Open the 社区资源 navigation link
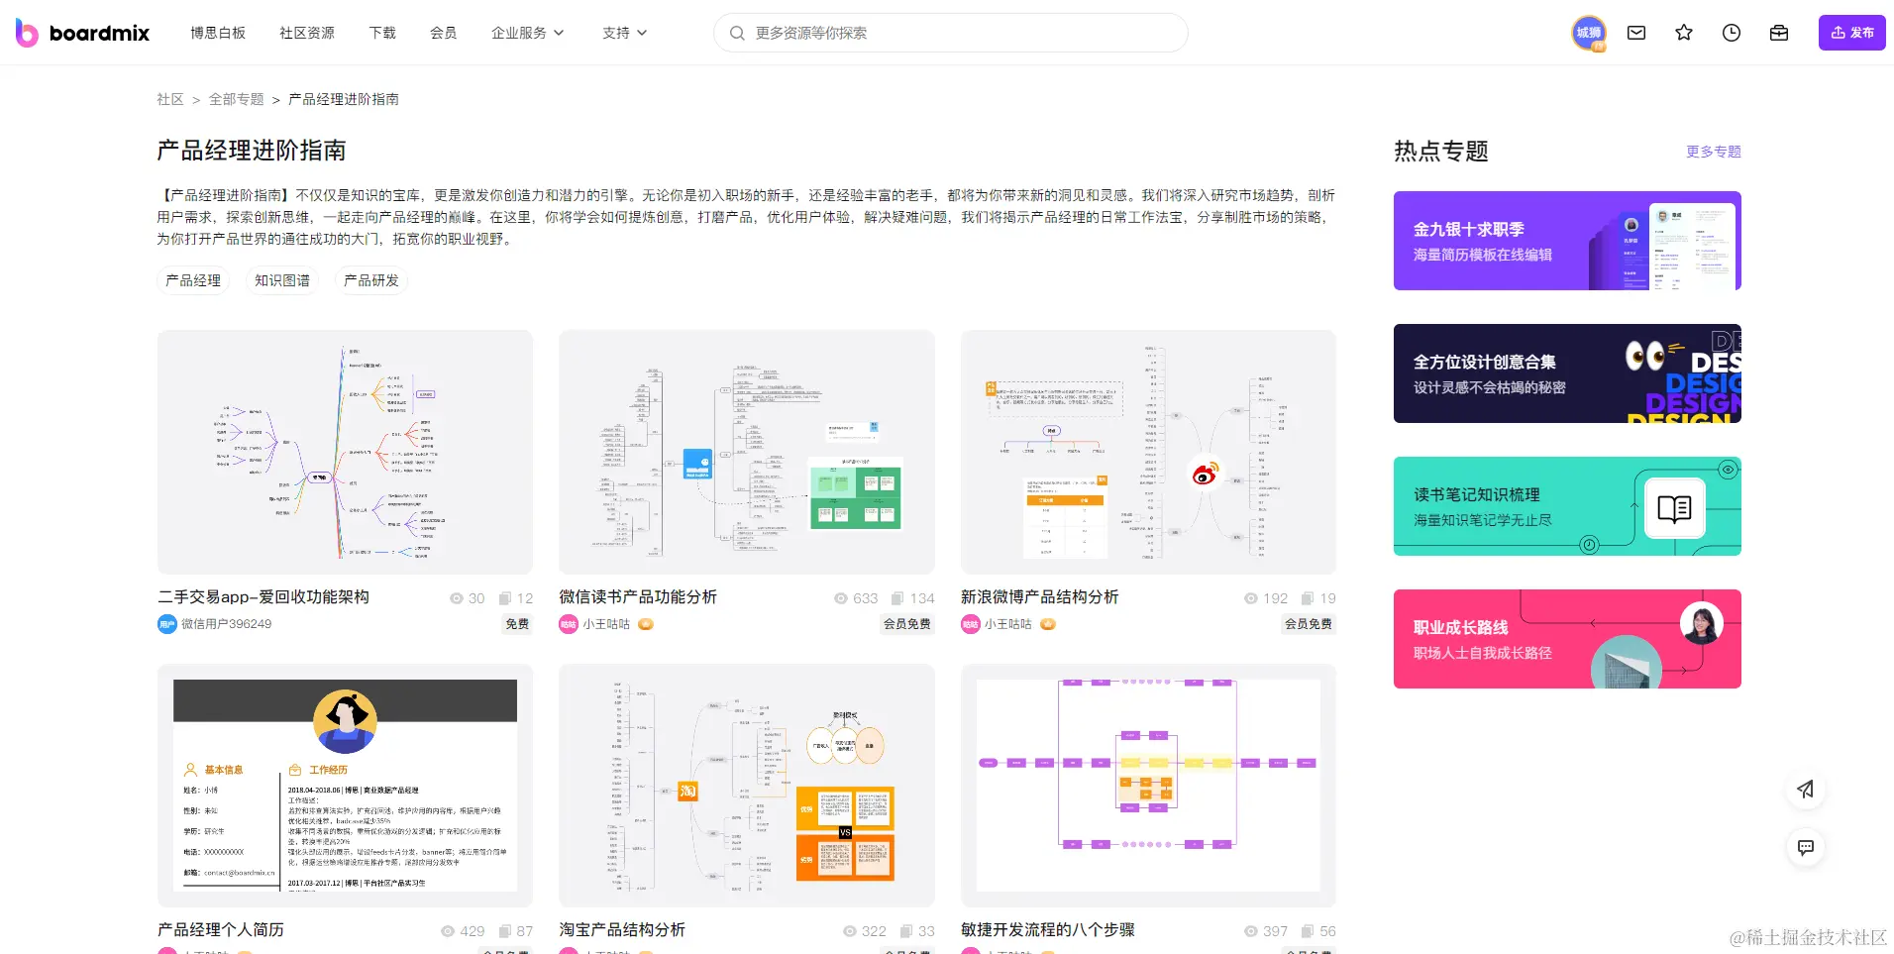pos(307,33)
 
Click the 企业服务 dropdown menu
pos(527,33)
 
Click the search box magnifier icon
pos(737,33)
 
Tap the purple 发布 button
pos(1851,33)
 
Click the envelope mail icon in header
pos(1636,33)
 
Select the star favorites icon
pos(1684,33)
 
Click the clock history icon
pos(1732,33)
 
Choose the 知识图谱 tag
pos(282,280)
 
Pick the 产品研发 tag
pos(371,280)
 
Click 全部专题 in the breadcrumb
pos(236,99)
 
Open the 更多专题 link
pos(1714,152)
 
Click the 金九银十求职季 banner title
pos(1468,229)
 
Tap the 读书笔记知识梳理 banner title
pos(1476,494)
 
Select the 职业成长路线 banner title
pos(1460,627)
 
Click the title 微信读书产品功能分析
pos(638,596)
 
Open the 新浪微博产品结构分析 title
pos(1039,596)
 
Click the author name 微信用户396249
pos(226,624)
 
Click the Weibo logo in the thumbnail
pos(1205,474)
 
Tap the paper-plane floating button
pos(1806,790)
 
